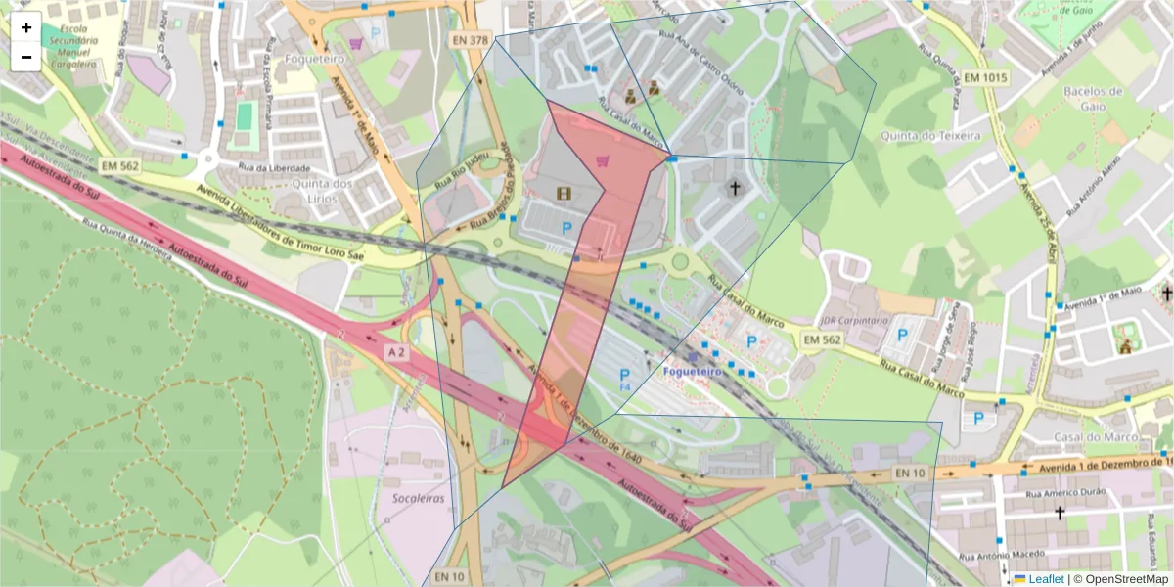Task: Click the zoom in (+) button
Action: [26, 27]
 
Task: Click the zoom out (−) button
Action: [26, 57]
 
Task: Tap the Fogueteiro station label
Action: [692, 372]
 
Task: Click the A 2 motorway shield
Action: [395, 351]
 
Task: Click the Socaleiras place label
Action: [418, 498]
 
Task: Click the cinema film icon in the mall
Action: [563, 193]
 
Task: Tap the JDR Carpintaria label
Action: [853, 320]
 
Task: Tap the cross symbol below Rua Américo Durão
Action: [1059, 513]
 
